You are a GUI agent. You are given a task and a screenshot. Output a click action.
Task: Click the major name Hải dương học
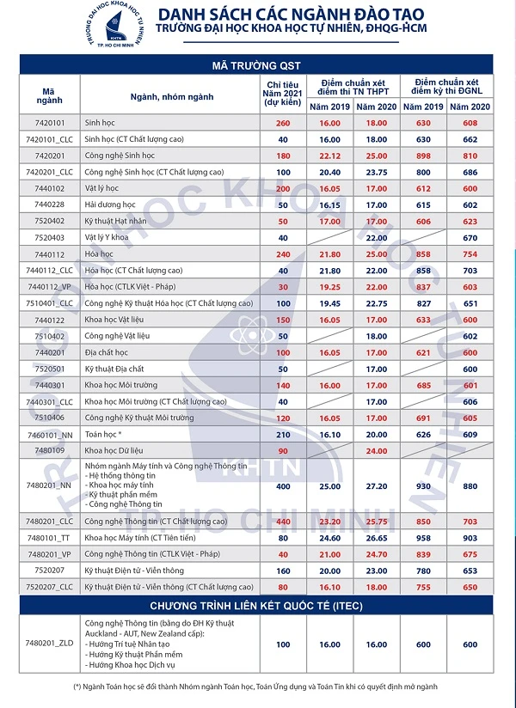click(x=111, y=204)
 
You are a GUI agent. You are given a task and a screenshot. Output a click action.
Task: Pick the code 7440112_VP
click(x=51, y=286)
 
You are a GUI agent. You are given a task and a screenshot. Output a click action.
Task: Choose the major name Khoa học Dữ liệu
click(x=117, y=449)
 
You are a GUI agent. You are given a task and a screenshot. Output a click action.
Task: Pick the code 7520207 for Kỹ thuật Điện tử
click(x=50, y=570)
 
